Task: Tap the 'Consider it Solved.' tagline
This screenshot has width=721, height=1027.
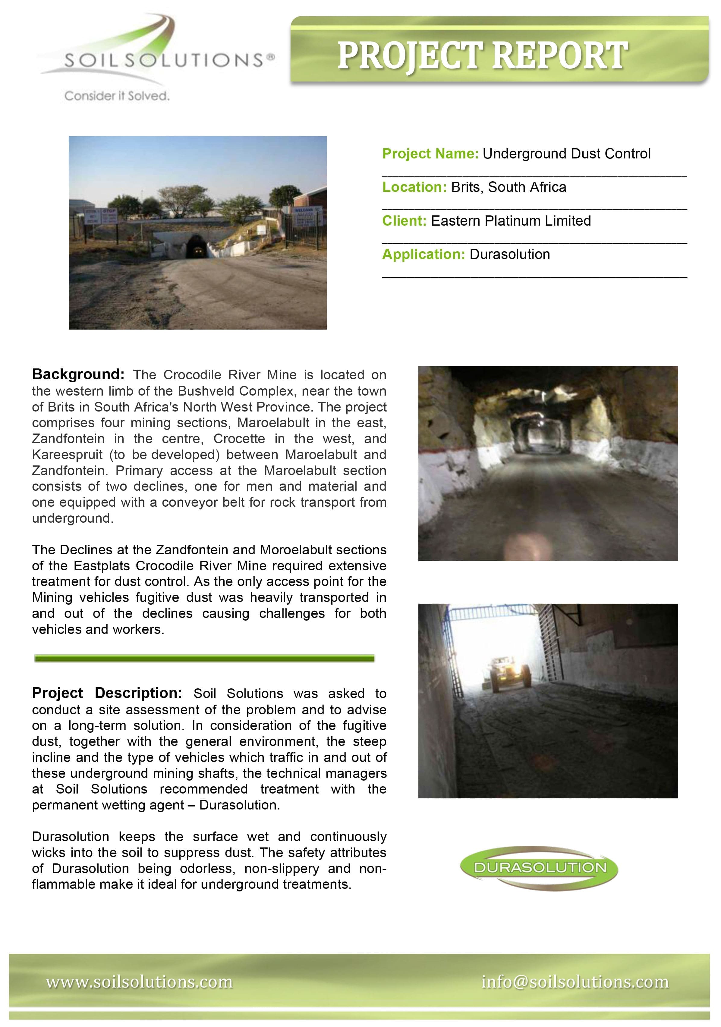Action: click(x=117, y=96)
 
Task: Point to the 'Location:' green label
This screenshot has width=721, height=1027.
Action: click(x=414, y=187)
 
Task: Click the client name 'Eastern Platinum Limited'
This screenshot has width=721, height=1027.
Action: click(x=511, y=221)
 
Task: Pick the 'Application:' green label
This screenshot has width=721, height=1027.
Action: click(x=423, y=255)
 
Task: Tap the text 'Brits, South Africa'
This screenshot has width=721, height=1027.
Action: click(x=508, y=187)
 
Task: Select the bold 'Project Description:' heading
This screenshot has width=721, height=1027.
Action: click(x=106, y=693)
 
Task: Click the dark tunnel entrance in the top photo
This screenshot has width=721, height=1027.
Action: click(x=197, y=247)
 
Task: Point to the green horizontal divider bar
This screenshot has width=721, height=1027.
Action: click(x=204, y=658)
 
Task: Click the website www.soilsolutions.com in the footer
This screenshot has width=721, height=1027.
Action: click(x=139, y=982)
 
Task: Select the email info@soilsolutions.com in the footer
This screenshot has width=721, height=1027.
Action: click(x=575, y=982)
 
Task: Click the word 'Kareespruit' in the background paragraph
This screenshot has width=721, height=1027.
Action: click(x=67, y=455)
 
